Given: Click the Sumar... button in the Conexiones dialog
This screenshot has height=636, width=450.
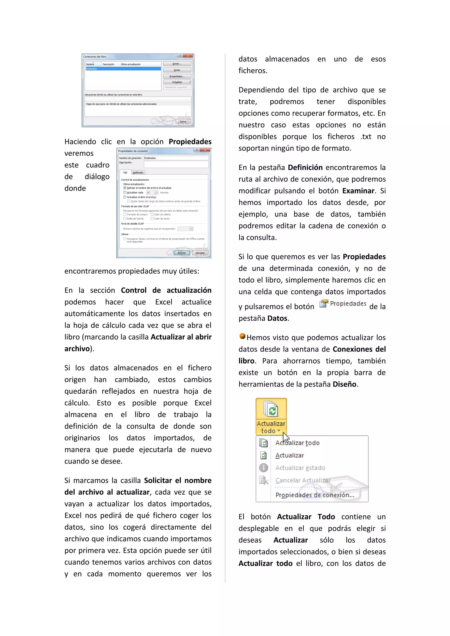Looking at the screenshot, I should tap(177, 64).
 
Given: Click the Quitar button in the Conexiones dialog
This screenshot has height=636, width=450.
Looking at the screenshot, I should tap(177, 70).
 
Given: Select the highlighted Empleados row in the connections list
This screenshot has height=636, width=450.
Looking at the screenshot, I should tap(123, 69).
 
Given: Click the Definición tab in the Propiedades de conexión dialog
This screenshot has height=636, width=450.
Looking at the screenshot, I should tap(138, 172).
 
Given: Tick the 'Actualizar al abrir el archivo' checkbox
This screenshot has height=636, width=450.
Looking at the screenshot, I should tap(125, 197).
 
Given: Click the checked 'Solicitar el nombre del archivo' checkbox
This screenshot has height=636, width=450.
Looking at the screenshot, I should tap(125, 188).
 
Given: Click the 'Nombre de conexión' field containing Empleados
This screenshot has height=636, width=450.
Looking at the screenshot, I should tap(176, 158).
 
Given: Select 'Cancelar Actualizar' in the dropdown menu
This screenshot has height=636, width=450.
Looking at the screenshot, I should tap(303, 480).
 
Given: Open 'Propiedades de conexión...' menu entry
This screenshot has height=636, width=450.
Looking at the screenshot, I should tap(315, 495).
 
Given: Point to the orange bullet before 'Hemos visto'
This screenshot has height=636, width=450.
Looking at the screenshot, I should tap(242, 336).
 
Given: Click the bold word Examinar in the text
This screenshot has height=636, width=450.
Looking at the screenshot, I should tap(358, 191).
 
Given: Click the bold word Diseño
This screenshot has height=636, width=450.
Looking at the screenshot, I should tap(345, 384).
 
